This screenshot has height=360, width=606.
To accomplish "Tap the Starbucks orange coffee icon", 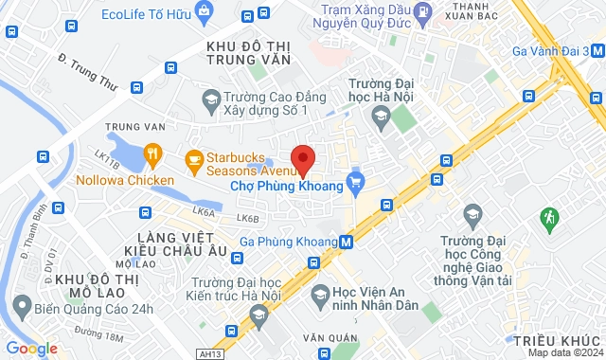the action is (x=194, y=158).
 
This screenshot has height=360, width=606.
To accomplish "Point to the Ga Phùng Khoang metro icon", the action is (x=347, y=242).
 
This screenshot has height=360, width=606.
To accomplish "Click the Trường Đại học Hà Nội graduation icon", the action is (x=380, y=117).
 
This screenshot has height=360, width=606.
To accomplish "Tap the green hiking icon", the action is (x=548, y=219).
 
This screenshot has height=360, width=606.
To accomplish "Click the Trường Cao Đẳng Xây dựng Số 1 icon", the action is (x=211, y=99).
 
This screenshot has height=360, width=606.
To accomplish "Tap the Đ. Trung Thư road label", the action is (x=87, y=71).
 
